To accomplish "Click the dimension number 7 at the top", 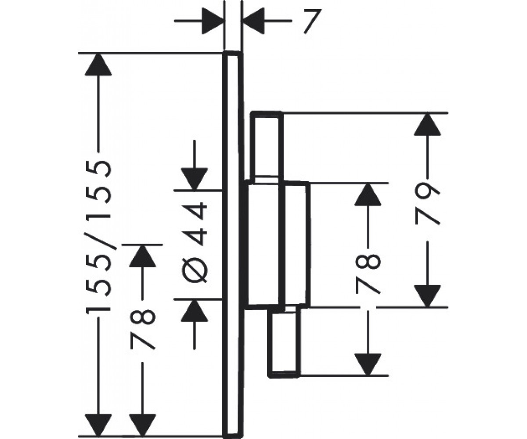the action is click(312, 21).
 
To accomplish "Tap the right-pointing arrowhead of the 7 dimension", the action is click(213, 21).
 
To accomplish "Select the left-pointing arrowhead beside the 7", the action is click(253, 21).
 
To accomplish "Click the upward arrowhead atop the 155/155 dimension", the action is click(98, 65).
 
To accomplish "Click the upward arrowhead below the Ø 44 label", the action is click(195, 310).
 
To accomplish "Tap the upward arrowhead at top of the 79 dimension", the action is click(427, 124).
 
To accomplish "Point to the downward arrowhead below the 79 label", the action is click(427, 296).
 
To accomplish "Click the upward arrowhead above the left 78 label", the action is click(142, 256).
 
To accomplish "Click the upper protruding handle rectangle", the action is click(267, 146).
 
